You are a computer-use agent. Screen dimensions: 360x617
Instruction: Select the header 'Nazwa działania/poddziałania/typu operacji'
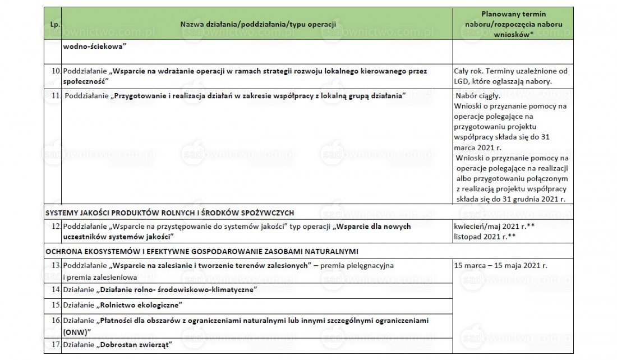tap(258, 25)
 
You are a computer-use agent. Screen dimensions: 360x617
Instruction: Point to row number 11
tap(56, 96)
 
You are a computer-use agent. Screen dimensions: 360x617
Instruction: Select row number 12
tap(56, 226)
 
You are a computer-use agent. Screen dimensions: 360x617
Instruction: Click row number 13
tap(56, 265)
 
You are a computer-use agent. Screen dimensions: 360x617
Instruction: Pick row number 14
tap(56, 290)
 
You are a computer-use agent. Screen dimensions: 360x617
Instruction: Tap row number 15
tap(56, 306)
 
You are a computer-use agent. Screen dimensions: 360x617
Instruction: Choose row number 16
tap(56, 321)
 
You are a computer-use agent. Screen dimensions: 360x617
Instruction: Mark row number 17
tap(56, 345)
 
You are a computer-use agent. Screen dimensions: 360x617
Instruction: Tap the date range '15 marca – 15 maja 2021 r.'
tap(500, 265)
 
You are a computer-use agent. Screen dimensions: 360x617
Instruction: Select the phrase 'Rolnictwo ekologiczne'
tap(141, 306)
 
